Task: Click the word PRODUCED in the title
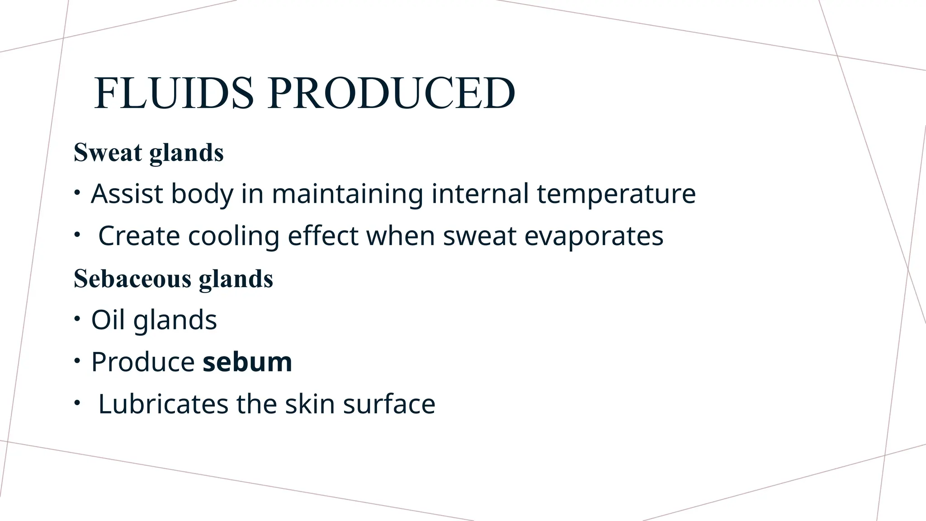pos(391,93)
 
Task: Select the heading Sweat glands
pos(149,152)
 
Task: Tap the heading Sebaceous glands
pos(174,279)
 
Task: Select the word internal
pos(480,194)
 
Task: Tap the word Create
pos(139,236)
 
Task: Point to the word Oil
pos(108,320)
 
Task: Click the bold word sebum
pos(247,362)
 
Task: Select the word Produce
pos(143,362)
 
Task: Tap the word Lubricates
pos(163,404)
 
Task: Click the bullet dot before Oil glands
pos(77,319)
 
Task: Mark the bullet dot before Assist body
pos(77,193)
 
